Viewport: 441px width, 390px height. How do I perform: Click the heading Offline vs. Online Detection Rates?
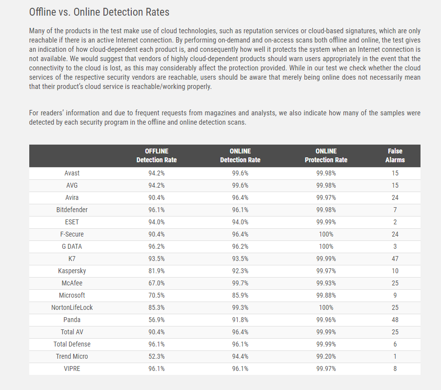99,12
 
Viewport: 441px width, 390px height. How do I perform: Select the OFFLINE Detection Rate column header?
157,155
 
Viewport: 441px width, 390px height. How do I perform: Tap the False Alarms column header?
395,155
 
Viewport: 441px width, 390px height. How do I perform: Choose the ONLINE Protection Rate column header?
326,155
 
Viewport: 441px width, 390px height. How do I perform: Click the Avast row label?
72,173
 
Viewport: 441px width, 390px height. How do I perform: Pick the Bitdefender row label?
72,210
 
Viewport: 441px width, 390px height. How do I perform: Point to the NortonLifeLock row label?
72,307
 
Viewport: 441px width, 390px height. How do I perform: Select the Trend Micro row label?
72,356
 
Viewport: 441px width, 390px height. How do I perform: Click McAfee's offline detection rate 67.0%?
157,283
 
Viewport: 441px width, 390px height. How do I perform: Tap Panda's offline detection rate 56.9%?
157,320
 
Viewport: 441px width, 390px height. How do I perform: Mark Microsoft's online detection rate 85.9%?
240,295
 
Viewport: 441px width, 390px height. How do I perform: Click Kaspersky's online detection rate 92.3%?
240,271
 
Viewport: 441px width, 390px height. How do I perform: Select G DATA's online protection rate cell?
326,246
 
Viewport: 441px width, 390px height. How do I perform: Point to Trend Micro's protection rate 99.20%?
326,356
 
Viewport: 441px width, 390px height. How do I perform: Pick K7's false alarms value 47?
395,259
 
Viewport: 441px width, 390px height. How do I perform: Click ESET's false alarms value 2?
395,222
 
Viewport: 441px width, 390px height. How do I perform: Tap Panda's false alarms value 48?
395,320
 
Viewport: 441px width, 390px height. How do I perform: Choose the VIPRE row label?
72,368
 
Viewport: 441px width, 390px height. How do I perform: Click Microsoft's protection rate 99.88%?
326,295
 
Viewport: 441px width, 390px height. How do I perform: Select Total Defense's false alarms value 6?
395,344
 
